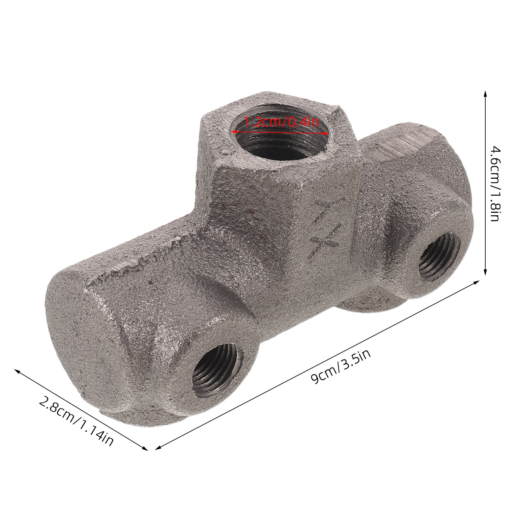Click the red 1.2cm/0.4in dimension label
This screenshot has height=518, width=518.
pyautogui.click(x=281, y=123)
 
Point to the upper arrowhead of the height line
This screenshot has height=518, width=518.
pyautogui.click(x=485, y=94)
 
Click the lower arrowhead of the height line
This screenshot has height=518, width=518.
pyautogui.click(x=485, y=272)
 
